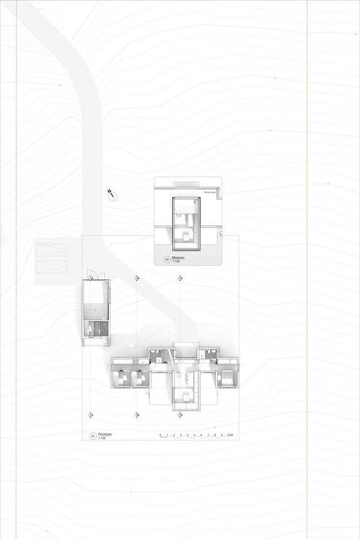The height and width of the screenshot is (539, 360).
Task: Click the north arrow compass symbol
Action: pyautogui.click(x=111, y=193)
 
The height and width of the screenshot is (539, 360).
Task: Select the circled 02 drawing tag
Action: pyautogui.click(x=167, y=259)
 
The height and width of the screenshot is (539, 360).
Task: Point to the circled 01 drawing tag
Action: pyautogui.click(x=92, y=435)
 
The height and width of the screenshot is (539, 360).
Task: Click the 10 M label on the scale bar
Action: pyautogui.click(x=231, y=435)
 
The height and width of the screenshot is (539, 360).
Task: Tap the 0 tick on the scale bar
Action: pyautogui.click(x=160, y=435)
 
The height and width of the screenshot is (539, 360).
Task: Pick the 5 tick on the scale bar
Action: pyautogui.click(x=195, y=435)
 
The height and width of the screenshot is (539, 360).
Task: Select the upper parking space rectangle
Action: pyautogui.click(x=52, y=250)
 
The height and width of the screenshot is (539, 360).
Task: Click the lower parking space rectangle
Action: pyautogui.click(x=52, y=266)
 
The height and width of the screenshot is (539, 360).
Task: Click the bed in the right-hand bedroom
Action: pyautogui.click(x=225, y=378)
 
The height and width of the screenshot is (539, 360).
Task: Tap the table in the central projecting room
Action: pyautogui.click(x=186, y=395)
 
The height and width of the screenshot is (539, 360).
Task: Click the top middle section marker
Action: pyautogui.click(x=136, y=278)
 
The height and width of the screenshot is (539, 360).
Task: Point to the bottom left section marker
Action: pyautogui.click(x=92, y=415)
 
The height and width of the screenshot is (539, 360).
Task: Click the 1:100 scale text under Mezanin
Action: pyautogui.click(x=177, y=261)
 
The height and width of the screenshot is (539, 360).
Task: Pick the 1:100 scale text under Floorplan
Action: pyautogui.click(x=102, y=437)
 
